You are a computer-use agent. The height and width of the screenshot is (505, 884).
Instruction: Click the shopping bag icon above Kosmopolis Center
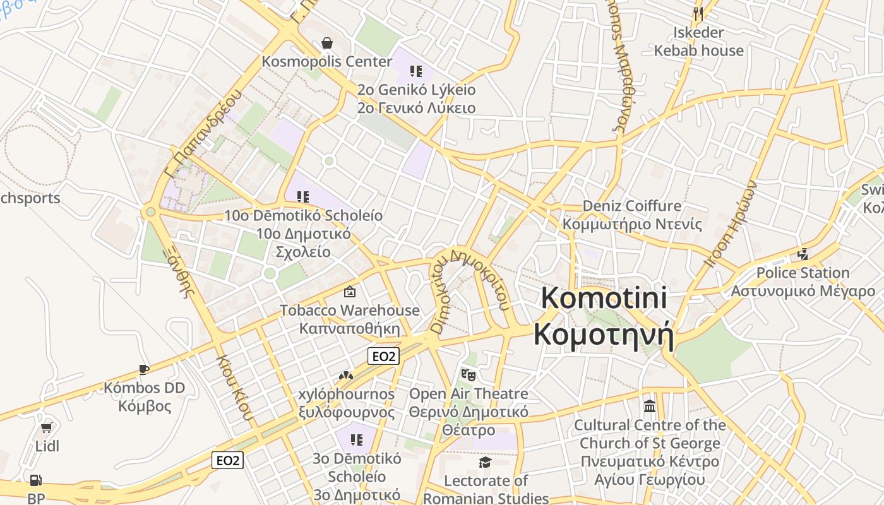coord(327,43)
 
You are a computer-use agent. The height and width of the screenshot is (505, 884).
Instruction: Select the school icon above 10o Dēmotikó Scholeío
coord(302,196)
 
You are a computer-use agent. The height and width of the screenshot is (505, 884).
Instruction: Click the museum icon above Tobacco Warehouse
coord(349,292)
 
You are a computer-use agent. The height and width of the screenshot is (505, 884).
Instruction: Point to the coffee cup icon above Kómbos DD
coord(144,369)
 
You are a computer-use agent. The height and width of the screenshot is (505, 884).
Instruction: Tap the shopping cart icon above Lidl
coord(46,428)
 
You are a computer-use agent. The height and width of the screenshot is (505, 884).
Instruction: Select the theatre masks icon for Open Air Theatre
coord(468,375)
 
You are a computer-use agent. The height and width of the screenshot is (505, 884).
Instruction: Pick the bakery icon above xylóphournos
coord(345,376)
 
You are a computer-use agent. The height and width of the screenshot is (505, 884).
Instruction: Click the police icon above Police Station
coord(803,254)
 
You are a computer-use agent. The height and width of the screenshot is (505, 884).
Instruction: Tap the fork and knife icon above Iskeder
coord(698,13)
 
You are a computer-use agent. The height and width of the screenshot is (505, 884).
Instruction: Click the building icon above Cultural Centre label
coord(650,406)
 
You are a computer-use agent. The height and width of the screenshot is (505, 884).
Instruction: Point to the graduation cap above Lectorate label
coord(485,463)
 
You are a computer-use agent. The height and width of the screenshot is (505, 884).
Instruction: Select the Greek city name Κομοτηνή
coord(604,335)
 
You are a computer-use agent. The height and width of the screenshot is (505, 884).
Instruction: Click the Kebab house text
coord(698,50)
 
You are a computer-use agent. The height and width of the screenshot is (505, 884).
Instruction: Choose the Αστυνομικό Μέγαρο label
coord(803,291)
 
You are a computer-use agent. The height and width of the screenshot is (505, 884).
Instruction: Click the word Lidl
coord(47,446)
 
